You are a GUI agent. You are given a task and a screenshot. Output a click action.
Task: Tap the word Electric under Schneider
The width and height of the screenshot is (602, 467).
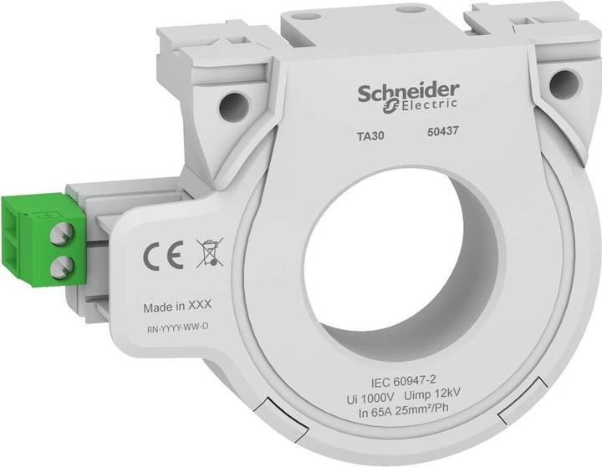[x=427, y=105]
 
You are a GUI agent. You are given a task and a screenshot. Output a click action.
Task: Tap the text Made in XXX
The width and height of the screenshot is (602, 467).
[x=176, y=307]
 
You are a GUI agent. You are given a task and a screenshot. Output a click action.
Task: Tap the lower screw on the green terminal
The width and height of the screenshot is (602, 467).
[x=58, y=267]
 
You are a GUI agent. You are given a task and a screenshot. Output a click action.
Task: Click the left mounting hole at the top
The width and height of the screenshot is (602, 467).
[x=233, y=106]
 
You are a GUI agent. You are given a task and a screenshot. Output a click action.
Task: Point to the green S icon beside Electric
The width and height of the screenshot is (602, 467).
[x=388, y=107]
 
